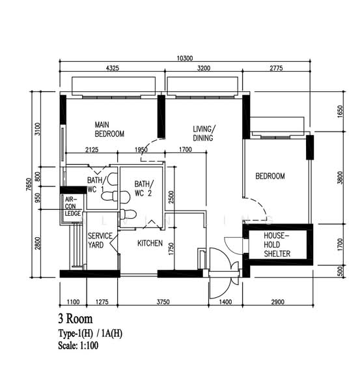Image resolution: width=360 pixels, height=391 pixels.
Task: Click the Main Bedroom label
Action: tap(109, 129)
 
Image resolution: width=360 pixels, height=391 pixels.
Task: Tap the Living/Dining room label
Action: tap(204, 134)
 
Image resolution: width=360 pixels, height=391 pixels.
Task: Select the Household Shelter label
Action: tap(277, 244)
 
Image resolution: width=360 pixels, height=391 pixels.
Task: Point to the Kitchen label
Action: tap(150, 243)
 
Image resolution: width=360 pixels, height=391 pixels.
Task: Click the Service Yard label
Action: tap(100, 240)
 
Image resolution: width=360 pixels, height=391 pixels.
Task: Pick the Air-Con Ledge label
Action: tap(72, 206)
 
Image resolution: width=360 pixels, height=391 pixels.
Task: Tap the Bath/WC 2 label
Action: tap(144, 188)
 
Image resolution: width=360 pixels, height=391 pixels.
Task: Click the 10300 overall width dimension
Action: tap(185, 58)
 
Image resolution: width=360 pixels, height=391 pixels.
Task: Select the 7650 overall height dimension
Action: tap(29, 184)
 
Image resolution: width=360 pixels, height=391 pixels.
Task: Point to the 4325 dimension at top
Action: tap(113, 68)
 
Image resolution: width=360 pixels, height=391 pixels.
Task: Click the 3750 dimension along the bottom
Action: tap(163, 302)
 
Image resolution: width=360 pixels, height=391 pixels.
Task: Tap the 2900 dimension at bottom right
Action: tap(277, 302)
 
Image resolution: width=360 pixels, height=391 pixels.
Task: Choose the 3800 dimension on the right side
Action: tap(340, 177)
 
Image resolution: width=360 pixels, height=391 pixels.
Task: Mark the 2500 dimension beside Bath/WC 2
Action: tap(171, 197)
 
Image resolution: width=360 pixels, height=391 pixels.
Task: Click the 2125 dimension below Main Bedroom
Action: tap(92, 150)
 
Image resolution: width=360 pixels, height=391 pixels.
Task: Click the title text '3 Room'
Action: tap(76, 319)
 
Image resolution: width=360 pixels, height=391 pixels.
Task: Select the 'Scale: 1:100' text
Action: tap(78, 345)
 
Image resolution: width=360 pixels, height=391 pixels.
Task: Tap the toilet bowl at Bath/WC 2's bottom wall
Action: tap(128, 214)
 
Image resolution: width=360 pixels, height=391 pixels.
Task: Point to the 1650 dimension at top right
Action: tap(340, 111)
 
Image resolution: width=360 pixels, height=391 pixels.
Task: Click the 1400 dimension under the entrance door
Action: tap(225, 302)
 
